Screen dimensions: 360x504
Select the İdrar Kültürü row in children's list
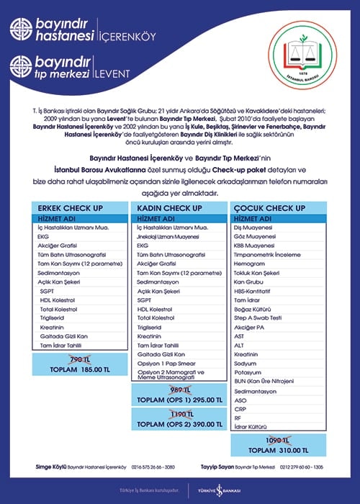coord(252,427)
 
